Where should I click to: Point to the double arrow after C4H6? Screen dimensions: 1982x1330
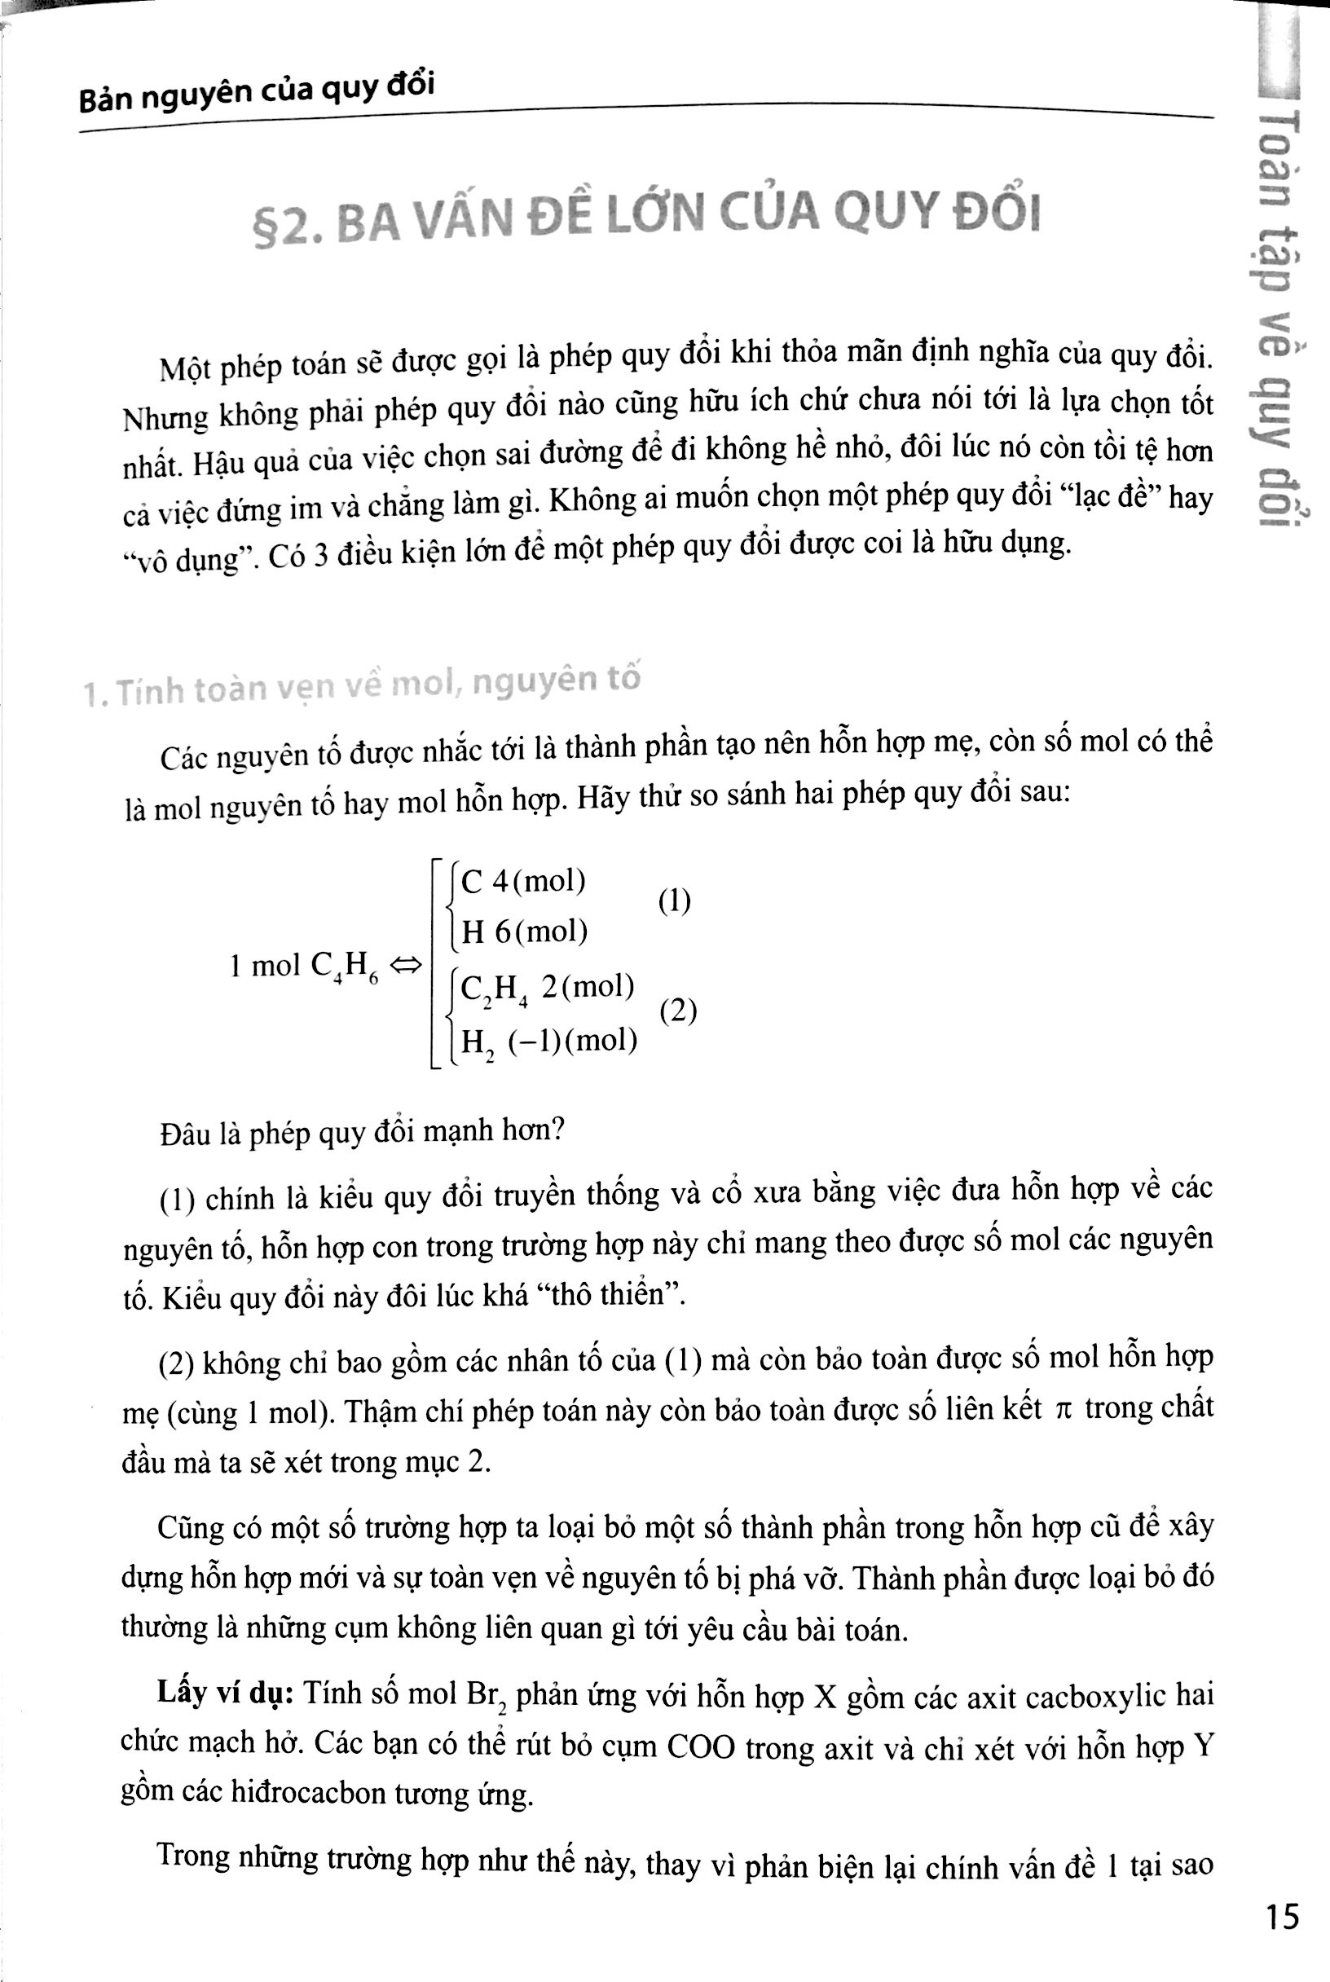406,966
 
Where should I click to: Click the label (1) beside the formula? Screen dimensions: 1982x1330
674,901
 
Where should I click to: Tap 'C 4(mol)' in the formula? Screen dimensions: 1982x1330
522,882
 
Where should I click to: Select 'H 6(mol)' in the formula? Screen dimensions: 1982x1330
524,932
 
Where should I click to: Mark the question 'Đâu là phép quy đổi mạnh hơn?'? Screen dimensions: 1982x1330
361,1130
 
